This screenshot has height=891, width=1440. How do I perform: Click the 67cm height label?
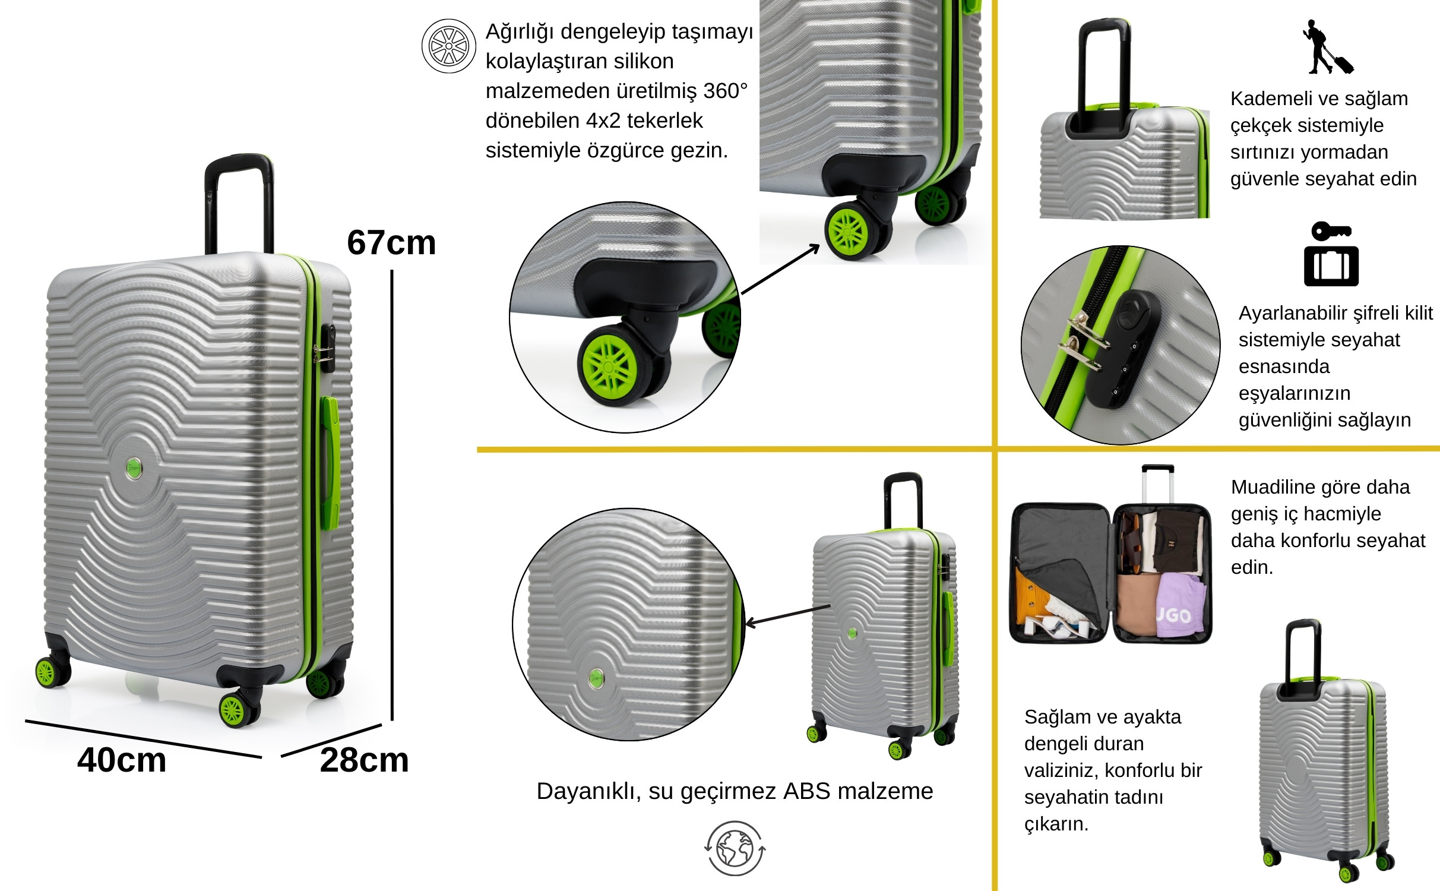coord(391,242)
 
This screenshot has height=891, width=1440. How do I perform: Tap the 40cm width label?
coord(122,760)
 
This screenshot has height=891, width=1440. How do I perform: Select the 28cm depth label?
coord(364,760)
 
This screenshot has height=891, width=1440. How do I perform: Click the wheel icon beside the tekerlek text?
coord(448,46)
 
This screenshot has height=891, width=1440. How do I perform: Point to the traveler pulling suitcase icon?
coord(1328,47)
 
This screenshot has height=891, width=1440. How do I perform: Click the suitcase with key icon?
coord(1331,254)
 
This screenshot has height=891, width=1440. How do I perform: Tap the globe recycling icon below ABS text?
coord(735,848)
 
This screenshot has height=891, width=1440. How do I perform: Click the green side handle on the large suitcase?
coord(330,463)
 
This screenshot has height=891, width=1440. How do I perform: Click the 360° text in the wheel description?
coord(725,91)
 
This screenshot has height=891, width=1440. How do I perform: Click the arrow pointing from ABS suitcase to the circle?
coord(787,615)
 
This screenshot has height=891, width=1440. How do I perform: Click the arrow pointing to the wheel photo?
coord(781,268)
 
